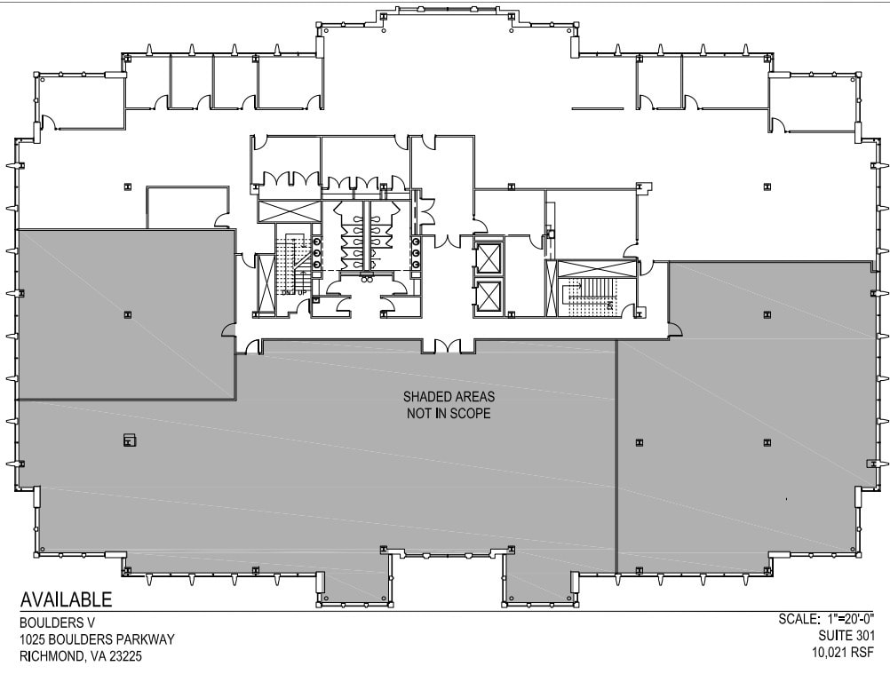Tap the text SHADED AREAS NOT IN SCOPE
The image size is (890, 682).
(x=448, y=405)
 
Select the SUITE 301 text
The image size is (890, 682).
(x=846, y=636)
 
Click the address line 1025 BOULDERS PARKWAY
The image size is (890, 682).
(x=97, y=639)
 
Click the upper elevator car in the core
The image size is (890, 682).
(x=488, y=258)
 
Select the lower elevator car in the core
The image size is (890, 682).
(x=488, y=296)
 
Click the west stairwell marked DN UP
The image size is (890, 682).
(x=292, y=266)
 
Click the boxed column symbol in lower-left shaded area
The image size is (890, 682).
(x=129, y=439)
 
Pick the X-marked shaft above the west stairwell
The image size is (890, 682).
(x=288, y=212)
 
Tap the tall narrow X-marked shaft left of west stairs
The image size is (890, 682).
(x=265, y=284)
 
